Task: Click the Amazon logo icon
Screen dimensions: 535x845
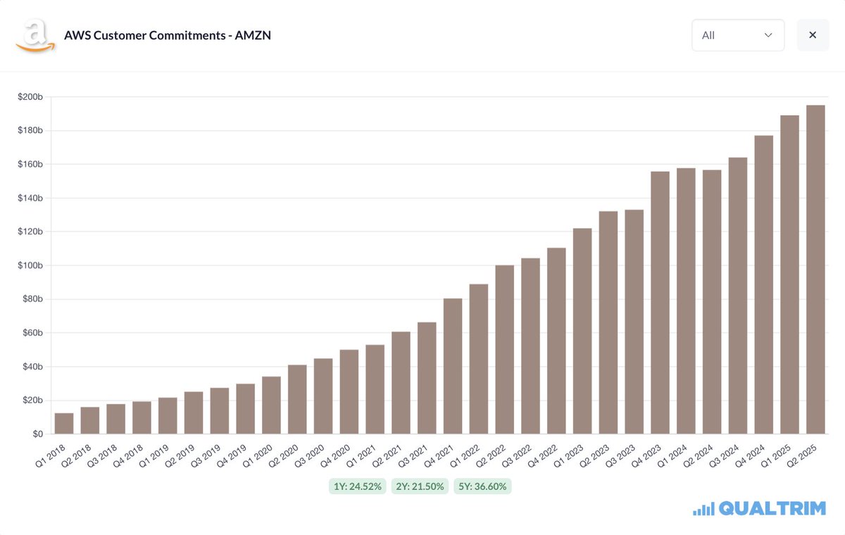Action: (35, 35)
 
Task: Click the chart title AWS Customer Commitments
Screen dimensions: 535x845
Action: (167, 35)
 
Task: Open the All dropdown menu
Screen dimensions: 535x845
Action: (737, 35)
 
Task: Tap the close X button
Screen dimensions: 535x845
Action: (813, 35)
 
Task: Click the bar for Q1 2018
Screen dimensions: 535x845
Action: (64, 423)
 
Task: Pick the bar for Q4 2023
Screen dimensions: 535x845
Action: (660, 303)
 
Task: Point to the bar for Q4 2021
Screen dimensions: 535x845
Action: (453, 366)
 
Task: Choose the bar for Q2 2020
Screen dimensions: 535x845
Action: (297, 399)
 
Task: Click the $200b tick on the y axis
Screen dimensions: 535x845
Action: (30, 97)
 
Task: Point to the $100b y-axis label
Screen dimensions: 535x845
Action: (30, 265)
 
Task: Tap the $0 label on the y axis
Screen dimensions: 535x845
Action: (36, 434)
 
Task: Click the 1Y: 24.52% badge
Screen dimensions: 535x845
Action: (357, 486)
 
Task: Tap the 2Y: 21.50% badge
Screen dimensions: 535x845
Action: (420, 486)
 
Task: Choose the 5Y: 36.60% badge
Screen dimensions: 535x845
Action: (482, 486)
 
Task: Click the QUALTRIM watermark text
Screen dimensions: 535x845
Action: (772, 508)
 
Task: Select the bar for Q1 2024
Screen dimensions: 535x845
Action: (686, 301)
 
